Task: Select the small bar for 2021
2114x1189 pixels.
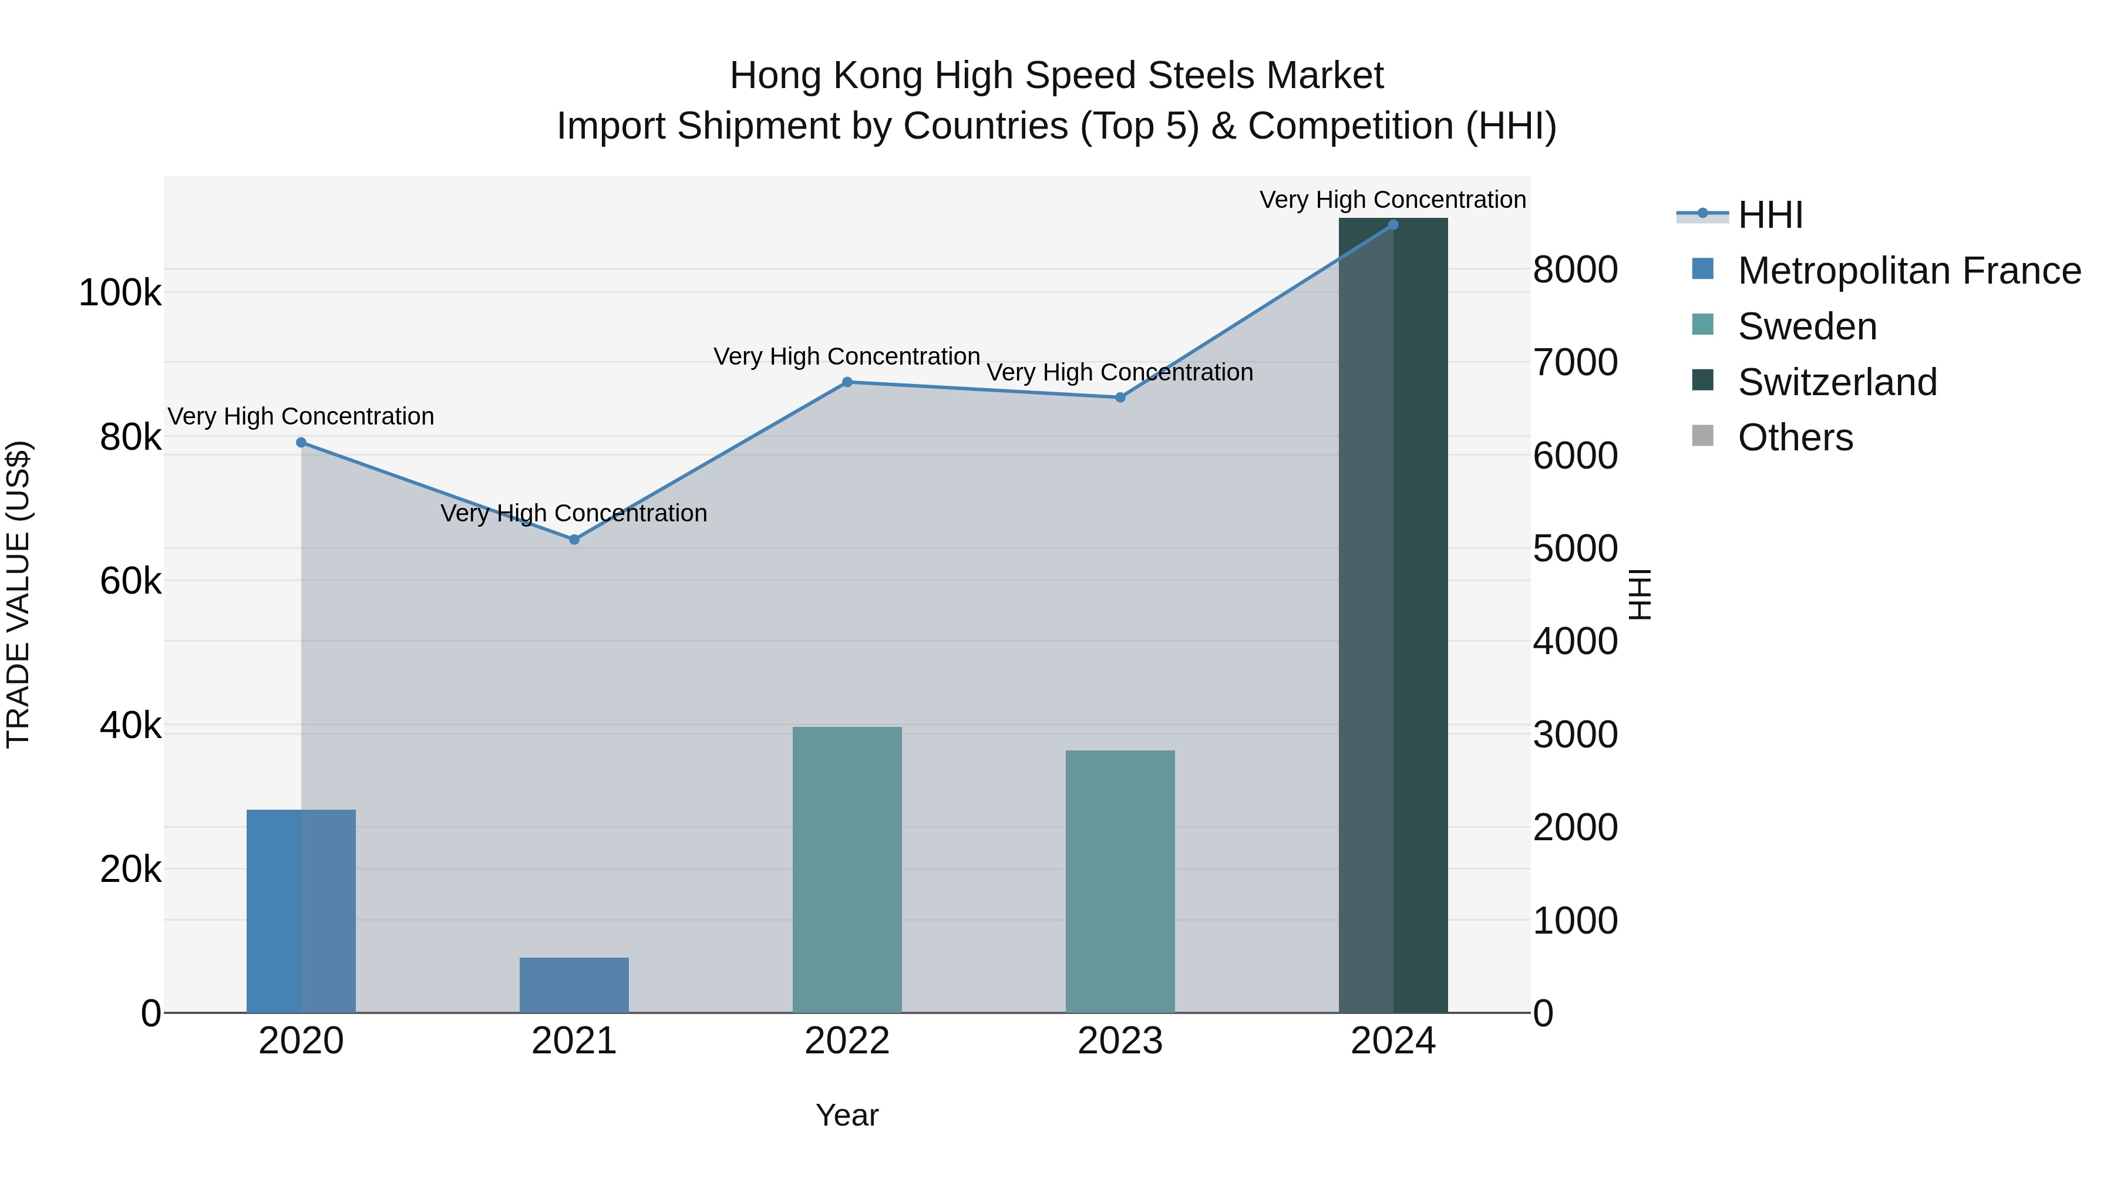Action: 574,985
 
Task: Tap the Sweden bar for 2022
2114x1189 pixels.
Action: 847,870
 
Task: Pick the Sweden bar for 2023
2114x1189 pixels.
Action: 1120,881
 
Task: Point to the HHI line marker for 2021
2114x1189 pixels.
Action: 574,539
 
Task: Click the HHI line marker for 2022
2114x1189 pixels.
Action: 847,382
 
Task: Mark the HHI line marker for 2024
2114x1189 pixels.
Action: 1393,224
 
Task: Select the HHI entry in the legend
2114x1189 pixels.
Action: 1770,215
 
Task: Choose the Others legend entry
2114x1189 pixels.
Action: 1795,437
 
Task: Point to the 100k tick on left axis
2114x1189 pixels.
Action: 120,293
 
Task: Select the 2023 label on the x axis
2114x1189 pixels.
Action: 1120,1041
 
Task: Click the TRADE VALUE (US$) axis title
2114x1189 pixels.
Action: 18,594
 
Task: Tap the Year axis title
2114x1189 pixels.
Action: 847,1115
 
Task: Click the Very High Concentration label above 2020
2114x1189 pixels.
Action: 301,417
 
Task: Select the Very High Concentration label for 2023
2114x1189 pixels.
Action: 1120,372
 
